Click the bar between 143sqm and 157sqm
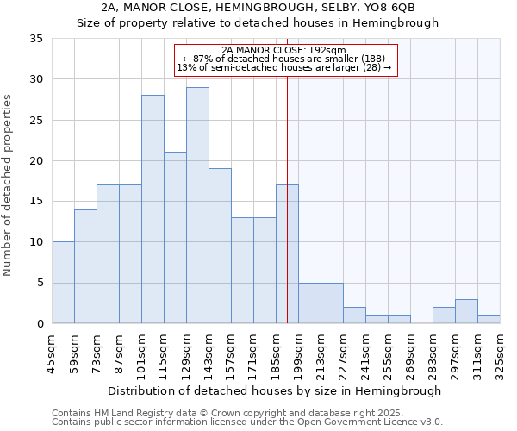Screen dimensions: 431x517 pos(220,246)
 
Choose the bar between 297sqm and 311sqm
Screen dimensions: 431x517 pos(466,311)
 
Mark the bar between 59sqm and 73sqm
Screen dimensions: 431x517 pos(85,266)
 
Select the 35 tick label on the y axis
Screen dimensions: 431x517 pos(36,39)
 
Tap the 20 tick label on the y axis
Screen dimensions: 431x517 pos(36,161)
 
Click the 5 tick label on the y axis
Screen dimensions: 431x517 pos(40,284)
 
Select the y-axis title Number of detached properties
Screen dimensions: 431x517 pos(9,186)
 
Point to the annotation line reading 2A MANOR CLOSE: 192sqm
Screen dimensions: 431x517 pos(284,50)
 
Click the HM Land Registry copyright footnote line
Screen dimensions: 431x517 pos(222,413)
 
